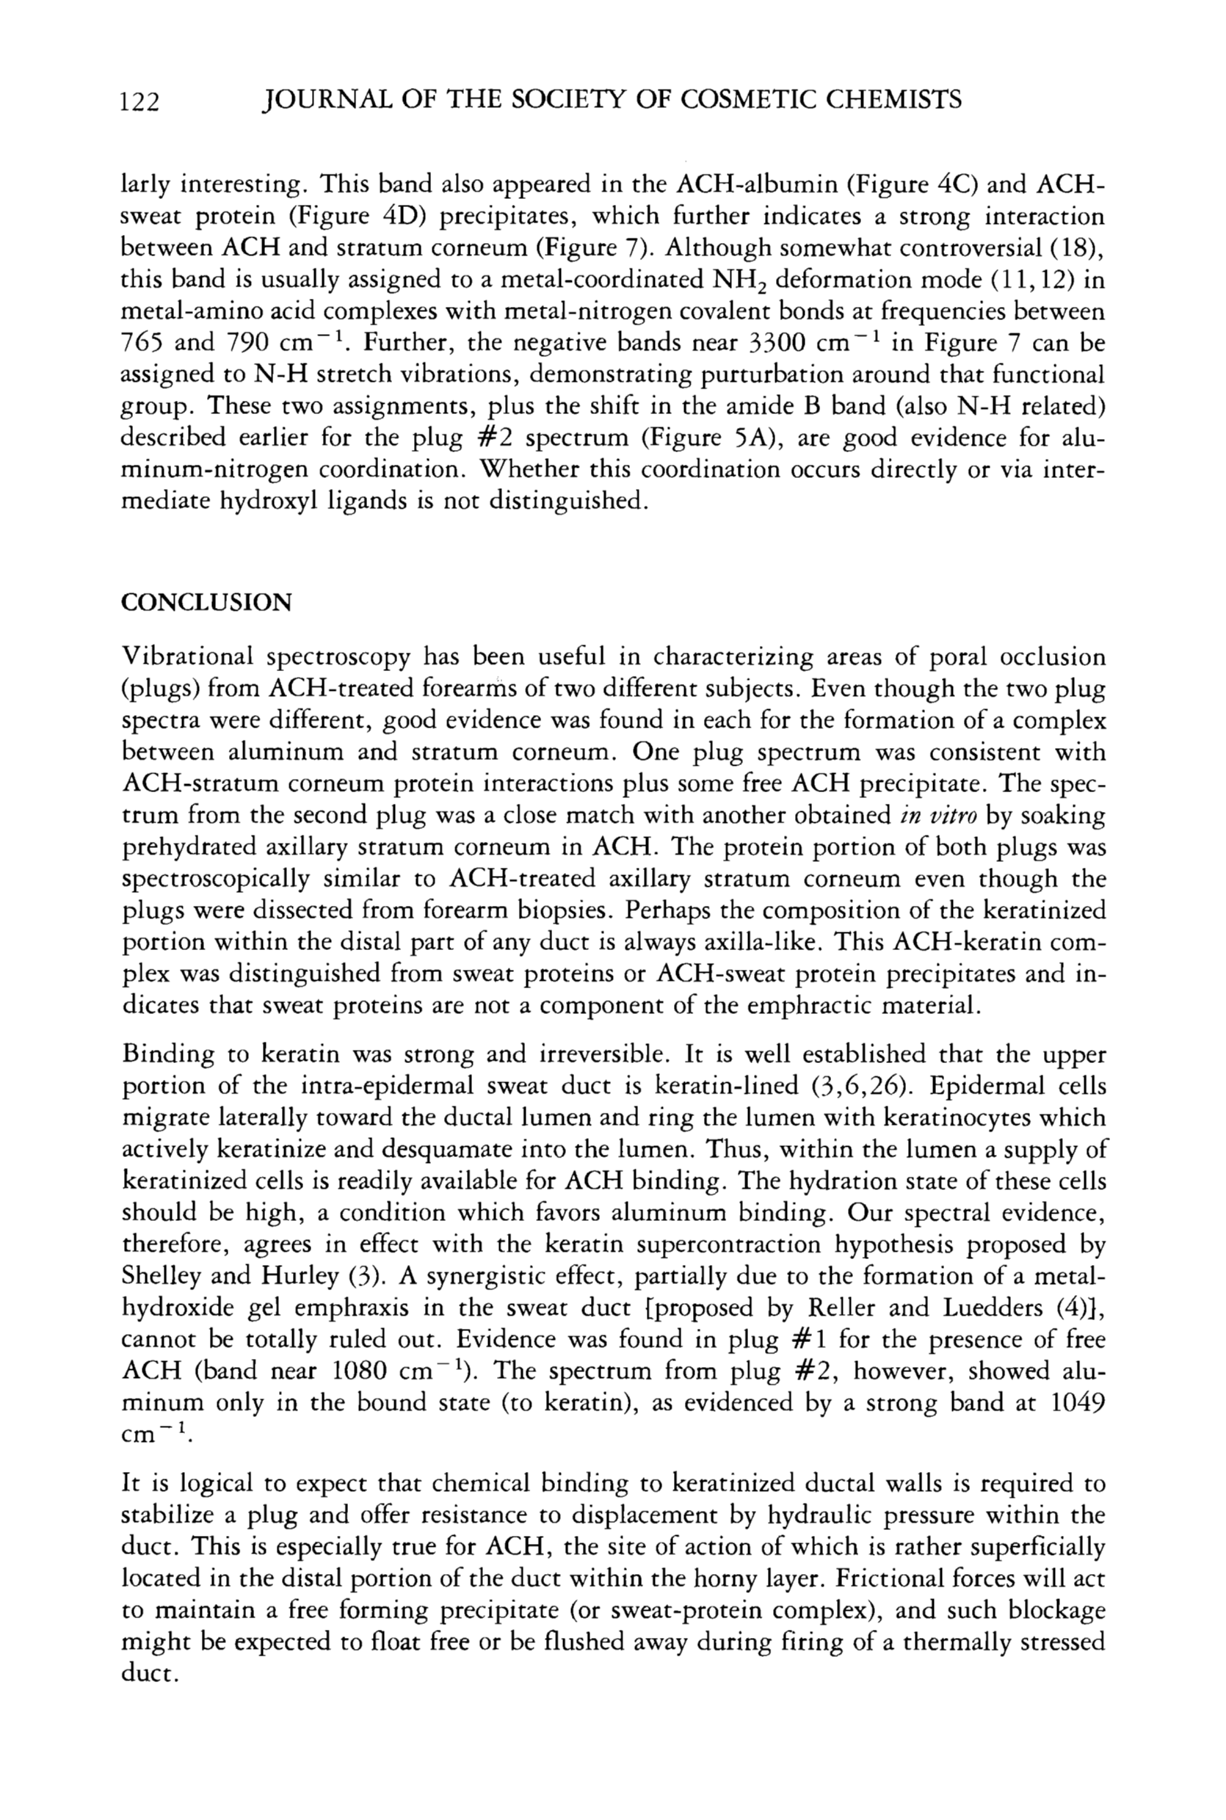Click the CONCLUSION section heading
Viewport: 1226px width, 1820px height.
coord(206,603)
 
